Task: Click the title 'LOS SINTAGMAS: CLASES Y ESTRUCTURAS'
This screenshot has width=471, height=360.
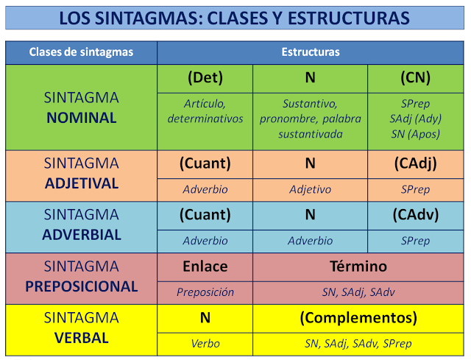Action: point(235,17)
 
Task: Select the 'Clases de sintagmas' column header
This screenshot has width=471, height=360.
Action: point(81,52)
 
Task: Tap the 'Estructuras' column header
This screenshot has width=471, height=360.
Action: point(311,52)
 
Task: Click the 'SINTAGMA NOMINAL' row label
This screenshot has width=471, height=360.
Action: point(81,107)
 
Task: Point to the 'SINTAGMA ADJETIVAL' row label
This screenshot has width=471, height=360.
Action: point(81,173)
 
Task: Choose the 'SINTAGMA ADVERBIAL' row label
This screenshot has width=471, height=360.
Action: point(81,225)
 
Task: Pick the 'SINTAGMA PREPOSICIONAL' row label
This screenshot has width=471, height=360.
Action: point(81,276)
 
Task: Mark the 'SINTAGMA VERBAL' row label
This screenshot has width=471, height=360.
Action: point(81,328)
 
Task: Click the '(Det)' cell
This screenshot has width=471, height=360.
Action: point(205,77)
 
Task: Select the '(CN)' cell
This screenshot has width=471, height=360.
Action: point(415,77)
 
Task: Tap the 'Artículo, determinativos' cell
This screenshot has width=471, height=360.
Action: point(205,111)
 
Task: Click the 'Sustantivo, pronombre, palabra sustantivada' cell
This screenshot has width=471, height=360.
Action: point(311,119)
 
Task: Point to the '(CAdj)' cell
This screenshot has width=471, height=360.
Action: point(415,163)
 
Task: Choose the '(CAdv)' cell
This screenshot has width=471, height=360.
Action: point(415,214)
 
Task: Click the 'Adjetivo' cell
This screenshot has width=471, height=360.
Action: point(311,189)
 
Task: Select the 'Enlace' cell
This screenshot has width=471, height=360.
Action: point(205,267)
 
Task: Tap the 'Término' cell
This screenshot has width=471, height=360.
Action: point(358,267)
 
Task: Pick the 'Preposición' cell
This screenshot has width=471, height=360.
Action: point(205,292)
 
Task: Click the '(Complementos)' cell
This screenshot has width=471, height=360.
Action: point(358,318)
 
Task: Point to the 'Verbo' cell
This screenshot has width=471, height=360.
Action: point(205,343)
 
